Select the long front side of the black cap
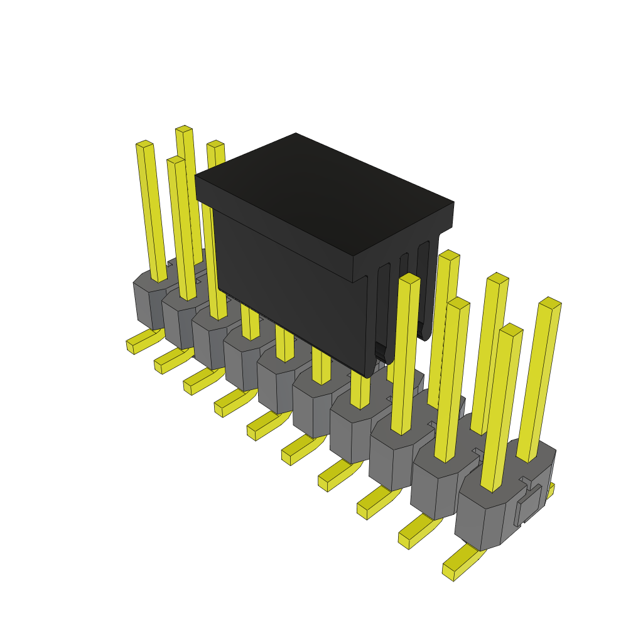289,289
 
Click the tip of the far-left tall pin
144,144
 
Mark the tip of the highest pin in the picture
183,129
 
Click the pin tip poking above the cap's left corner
215,144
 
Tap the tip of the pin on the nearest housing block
511,329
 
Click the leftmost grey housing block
149,301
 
